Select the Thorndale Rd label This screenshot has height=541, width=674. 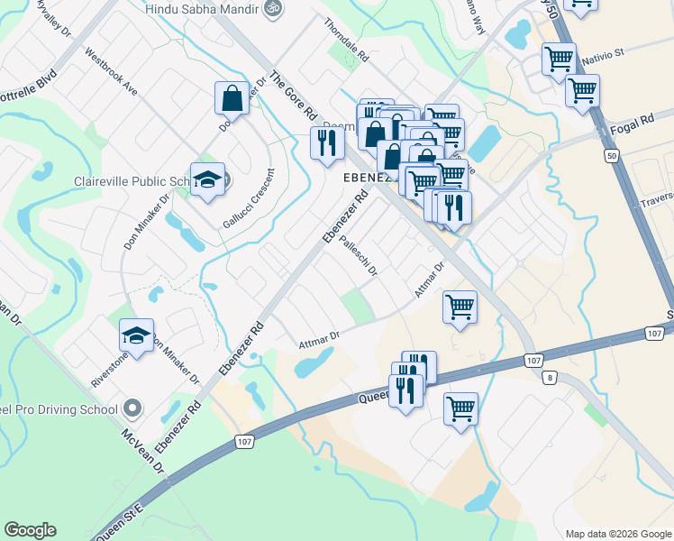tap(346, 41)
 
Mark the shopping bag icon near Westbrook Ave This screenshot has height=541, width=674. tap(232, 98)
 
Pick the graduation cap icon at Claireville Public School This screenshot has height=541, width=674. tap(207, 178)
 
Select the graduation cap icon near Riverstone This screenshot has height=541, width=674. tap(136, 335)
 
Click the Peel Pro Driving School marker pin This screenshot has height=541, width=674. tap(132, 409)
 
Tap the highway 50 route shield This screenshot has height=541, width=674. tap(612, 156)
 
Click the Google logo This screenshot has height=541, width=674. tap(30, 530)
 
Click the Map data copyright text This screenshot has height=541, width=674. tap(617, 533)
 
